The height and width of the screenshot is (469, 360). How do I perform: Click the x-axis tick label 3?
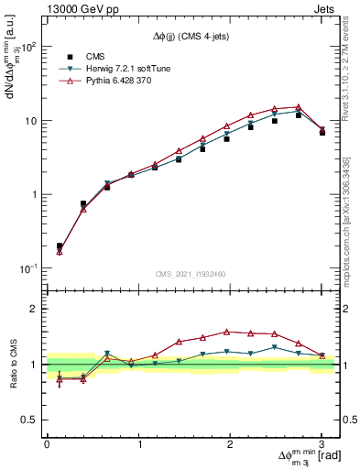322,444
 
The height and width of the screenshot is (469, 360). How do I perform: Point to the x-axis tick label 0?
47,444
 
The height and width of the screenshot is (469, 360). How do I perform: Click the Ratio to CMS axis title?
11,364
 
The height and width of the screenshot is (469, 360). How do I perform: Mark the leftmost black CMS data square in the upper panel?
60,246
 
